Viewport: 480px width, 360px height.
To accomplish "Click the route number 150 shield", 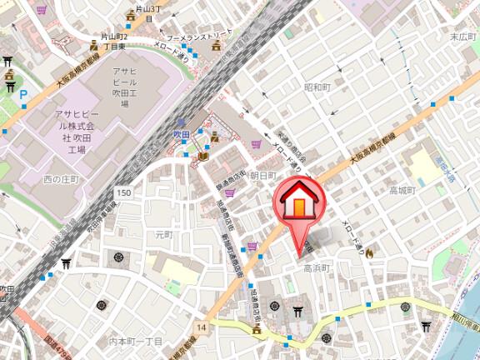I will [124, 193].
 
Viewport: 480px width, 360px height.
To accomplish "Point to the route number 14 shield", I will [202, 327].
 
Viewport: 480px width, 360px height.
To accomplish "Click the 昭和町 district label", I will [317, 87].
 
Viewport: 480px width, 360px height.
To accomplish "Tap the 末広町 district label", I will [462, 37].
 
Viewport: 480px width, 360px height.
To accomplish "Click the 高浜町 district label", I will [317, 268].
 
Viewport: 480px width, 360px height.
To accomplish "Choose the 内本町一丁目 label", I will [135, 342].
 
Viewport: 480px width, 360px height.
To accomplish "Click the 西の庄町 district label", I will [60, 179].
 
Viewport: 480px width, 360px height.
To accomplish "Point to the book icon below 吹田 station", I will [203, 156].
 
